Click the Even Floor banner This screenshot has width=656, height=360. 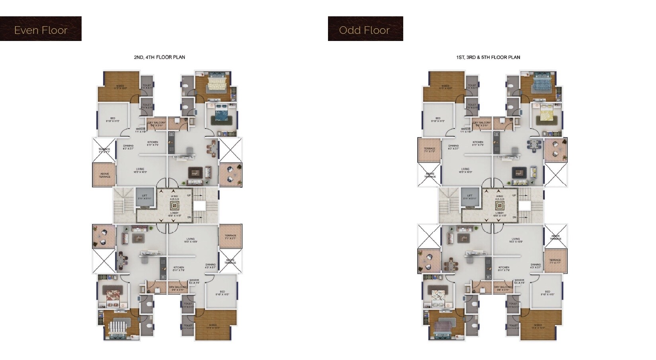tap(41, 30)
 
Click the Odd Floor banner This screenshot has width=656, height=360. tap(365, 30)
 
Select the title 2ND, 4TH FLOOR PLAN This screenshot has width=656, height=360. tap(159, 57)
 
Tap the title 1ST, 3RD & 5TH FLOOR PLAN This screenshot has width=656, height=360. tap(488, 57)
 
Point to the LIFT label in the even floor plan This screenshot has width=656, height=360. tap(144, 196)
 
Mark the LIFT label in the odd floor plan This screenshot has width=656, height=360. tap(470, 196)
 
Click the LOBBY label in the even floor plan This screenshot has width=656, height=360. tap(174, 213)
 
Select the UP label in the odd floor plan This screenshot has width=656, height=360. tap(514, 195)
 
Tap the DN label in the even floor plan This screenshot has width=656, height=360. tap(189, 217)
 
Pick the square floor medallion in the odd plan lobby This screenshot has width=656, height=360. tap(500, 206)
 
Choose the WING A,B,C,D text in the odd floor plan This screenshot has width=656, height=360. tap(500, 198)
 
